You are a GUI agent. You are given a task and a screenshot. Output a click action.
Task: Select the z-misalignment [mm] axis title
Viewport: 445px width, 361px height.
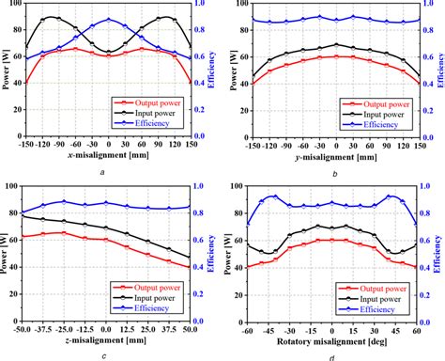pyautogui.click(x=106, y=340)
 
